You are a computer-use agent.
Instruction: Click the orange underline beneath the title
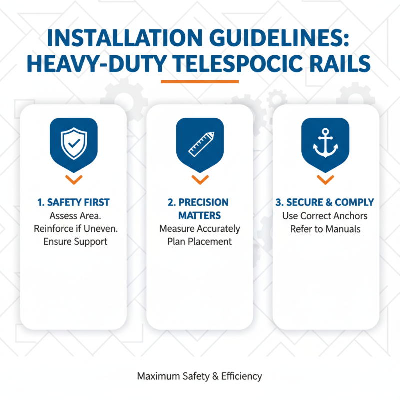pos(200,81)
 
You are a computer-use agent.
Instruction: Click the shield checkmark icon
pos(73,142)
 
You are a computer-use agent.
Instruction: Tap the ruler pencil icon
pos(200,143)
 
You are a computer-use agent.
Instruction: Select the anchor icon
pos(325,142)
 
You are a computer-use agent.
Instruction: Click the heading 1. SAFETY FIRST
pos(73,203)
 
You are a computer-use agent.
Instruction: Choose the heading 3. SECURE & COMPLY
pos(325,203)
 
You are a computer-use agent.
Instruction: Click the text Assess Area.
pos(73,216)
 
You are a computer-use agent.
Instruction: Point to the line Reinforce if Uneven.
pos(73,229)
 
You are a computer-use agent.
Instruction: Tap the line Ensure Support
pos(73,242)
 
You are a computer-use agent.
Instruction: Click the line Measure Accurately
pos(200,229)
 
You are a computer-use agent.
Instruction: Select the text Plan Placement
pos(200,242)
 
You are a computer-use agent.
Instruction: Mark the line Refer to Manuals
pos(325,229)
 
